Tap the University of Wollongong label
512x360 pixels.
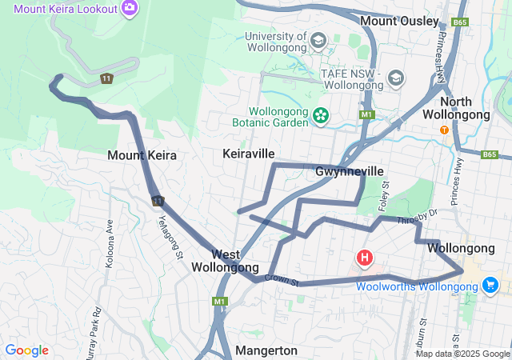click(276, 42)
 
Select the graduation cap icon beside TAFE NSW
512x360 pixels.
click(395, 78)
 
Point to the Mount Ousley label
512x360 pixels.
click(399, 21)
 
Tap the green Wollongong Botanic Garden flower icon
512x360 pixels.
click(321, 116)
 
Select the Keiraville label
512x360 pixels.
click(249, 153)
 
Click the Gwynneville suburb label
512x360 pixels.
click(350, 171)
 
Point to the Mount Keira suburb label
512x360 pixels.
click(142, 155)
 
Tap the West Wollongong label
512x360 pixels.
click(225, 260)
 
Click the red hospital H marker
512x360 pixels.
click(365, 258)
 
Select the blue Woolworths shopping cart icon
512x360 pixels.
click(490, 285)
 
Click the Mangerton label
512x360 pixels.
click(266, 350)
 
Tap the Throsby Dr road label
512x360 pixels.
click(423, 216)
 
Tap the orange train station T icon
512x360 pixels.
click(444, 130)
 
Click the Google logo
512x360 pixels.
click(26, 350)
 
